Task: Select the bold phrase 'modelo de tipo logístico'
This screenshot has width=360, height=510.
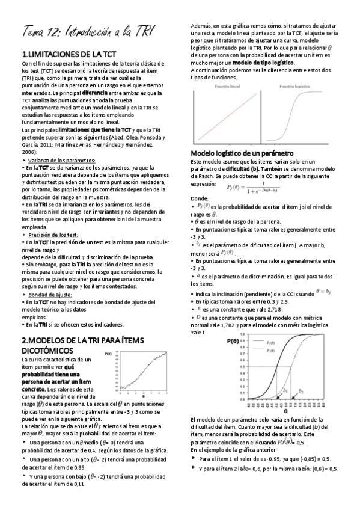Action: click(265, 62)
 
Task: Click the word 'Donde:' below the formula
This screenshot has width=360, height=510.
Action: click(199, 198)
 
